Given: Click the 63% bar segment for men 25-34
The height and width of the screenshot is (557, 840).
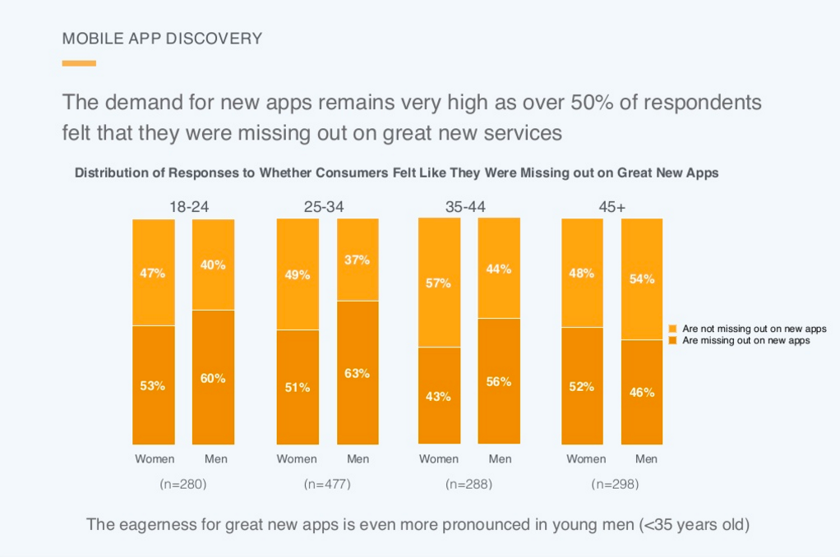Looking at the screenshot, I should click(358, 372).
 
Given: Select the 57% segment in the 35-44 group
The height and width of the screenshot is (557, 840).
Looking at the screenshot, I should click(439, 283).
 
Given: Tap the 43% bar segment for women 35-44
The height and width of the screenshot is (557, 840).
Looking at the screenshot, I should click(439, 395).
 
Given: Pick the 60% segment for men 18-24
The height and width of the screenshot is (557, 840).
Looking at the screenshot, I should click(213, 377).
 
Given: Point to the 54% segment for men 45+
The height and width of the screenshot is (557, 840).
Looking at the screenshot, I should click(642, 278).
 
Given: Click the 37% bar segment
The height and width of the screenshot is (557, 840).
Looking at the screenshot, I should click(358, 260).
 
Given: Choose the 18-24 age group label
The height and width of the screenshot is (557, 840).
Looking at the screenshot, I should click(189, 207).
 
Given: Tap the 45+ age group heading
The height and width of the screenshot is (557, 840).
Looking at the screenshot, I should click(612, 207).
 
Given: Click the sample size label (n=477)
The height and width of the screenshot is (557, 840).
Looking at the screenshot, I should click(327, 485).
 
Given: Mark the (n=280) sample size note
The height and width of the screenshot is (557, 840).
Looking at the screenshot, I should click(183, 485).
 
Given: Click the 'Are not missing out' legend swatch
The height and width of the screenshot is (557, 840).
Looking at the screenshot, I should click(672, 329).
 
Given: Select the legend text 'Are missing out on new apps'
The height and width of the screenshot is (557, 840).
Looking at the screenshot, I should click(746, 340).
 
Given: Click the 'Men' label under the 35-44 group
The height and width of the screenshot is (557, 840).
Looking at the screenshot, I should click(500, 459).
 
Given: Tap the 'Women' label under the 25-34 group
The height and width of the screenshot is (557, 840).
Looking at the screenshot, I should click(297, 459).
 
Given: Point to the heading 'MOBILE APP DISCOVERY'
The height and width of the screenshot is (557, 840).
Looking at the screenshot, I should click(162, 39).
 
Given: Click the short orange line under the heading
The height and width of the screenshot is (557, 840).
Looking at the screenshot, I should click(79, 63).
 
